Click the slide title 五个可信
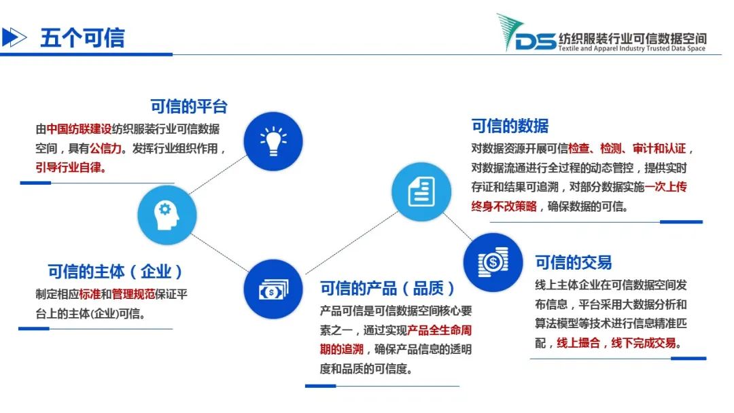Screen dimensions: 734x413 coord(82,38)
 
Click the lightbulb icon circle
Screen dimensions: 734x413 coord(273,141)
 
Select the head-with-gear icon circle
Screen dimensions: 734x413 coord(167,215)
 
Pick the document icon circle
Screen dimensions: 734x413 coord(421,192)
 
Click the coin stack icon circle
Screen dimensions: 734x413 coord(493,262)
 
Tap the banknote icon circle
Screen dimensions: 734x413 coord(273,289)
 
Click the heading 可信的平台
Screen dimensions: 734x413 coord(189,107)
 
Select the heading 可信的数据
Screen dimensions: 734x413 coord(510,126)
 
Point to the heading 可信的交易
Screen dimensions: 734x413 coord(574,262)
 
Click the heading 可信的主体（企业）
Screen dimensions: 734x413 coord(115,271)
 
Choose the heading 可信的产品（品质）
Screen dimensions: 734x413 coord(387,288)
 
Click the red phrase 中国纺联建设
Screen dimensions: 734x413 coord(79,129)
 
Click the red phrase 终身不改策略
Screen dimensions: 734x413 coord(504,206)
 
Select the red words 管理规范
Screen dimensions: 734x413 coord(133,294)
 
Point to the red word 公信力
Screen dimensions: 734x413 coord(105,148)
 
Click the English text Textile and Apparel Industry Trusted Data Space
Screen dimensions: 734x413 coord(632,48)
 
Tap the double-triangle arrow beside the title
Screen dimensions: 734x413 coord(14,37)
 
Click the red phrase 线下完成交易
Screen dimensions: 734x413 coord(644,343)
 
